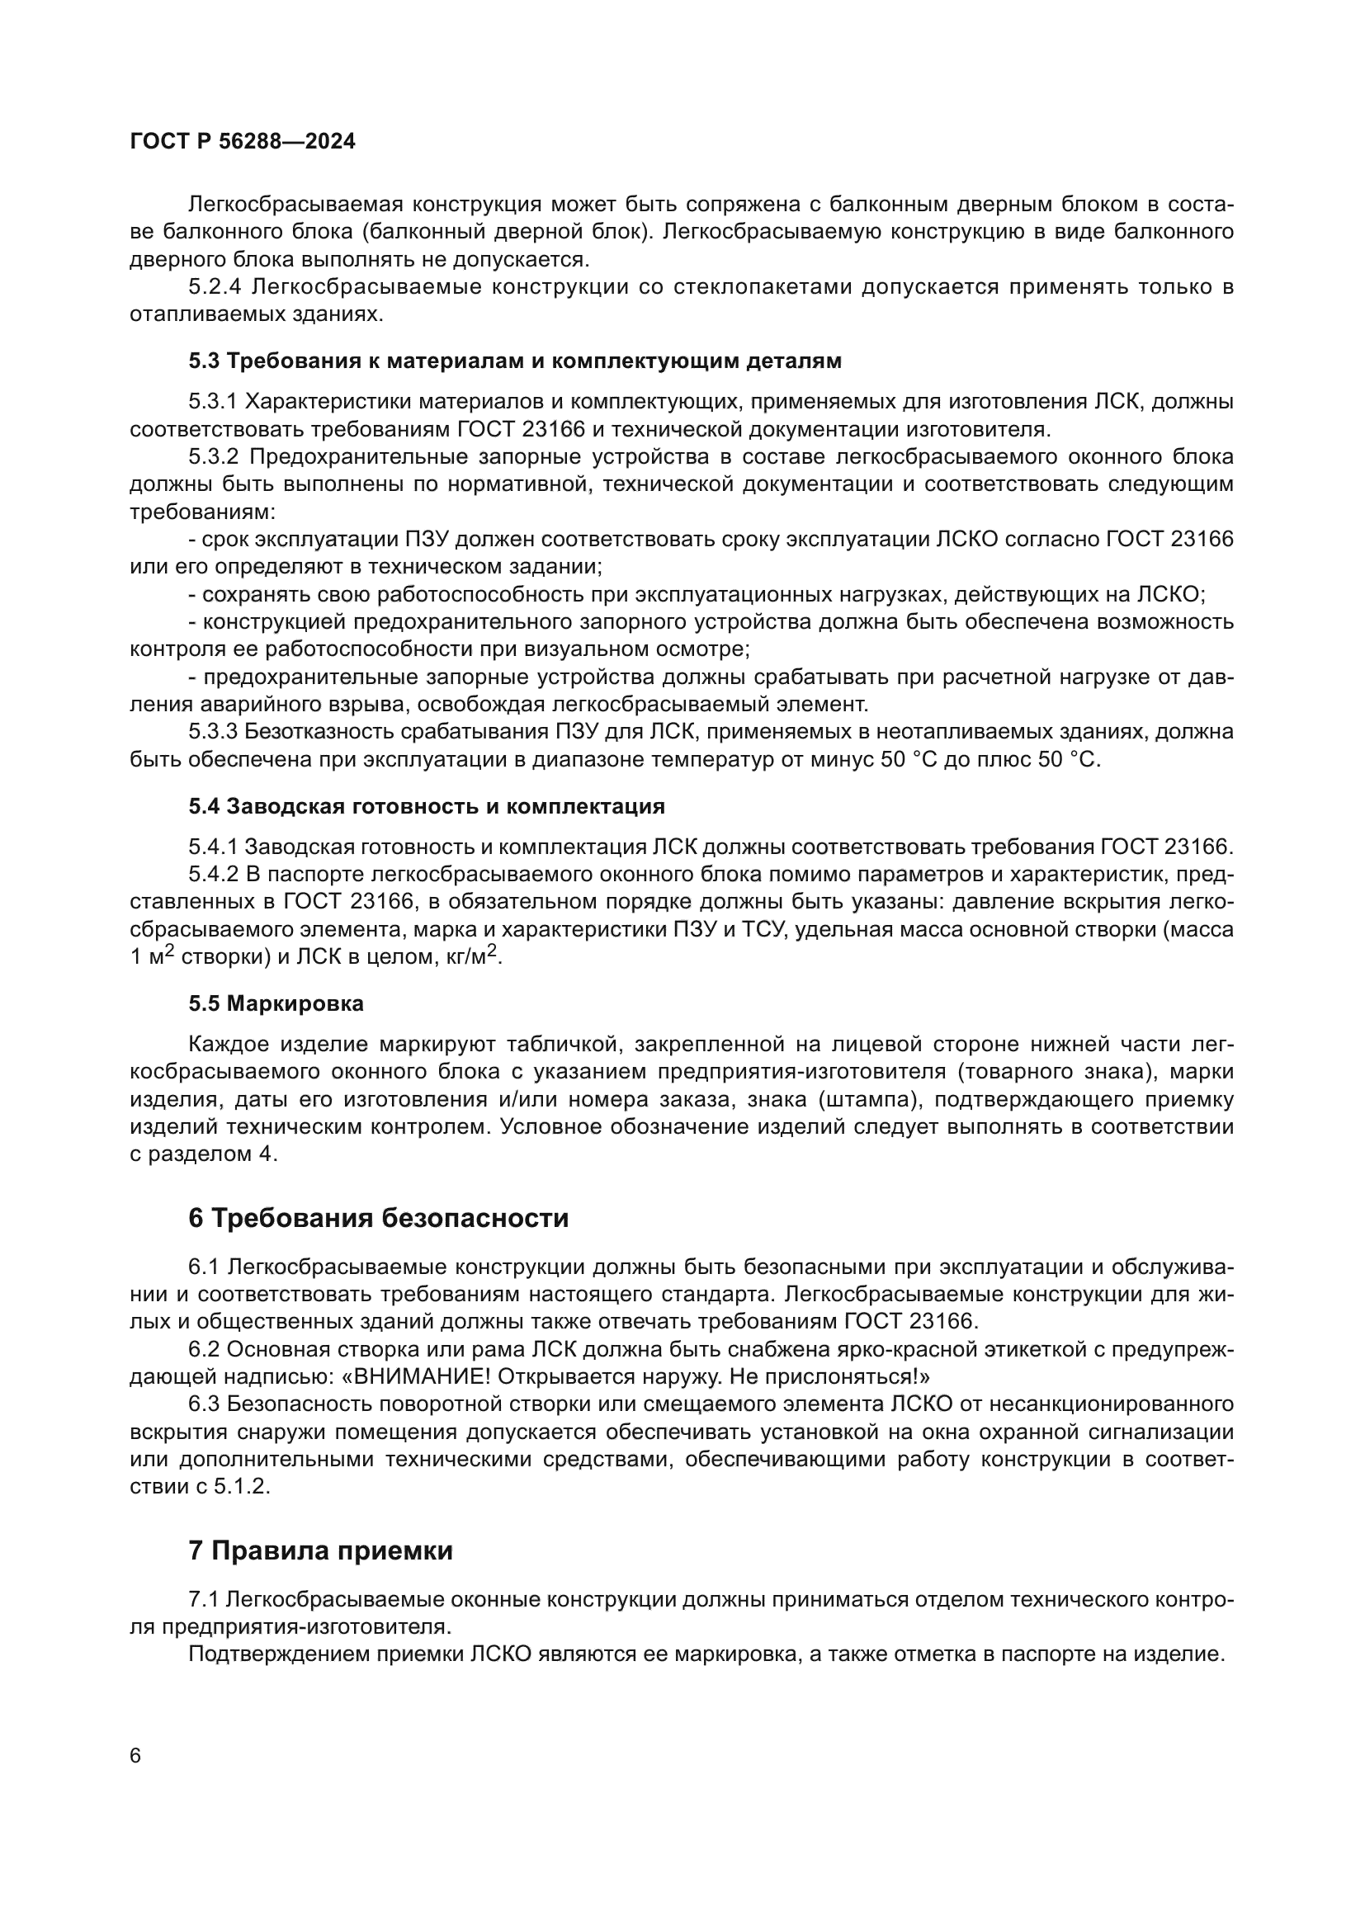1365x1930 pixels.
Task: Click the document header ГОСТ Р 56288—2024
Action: (x=243, y=141)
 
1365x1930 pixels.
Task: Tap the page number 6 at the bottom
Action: (x=136, y=1757)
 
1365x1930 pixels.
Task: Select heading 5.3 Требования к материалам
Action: (x=514, y=361)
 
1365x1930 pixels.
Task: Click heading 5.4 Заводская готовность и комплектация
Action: (x=426, y=806)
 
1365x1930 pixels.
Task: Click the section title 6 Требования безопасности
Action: (x=378, y=1218)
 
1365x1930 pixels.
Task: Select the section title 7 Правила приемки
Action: (x=320, y=1550)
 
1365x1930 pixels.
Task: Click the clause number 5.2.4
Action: (x=215, y=287)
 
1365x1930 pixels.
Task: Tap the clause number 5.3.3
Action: (x=215, y=732)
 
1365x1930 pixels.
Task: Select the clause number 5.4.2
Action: (x=215, y=874)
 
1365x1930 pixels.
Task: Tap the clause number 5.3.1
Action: (x=215, y=402)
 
